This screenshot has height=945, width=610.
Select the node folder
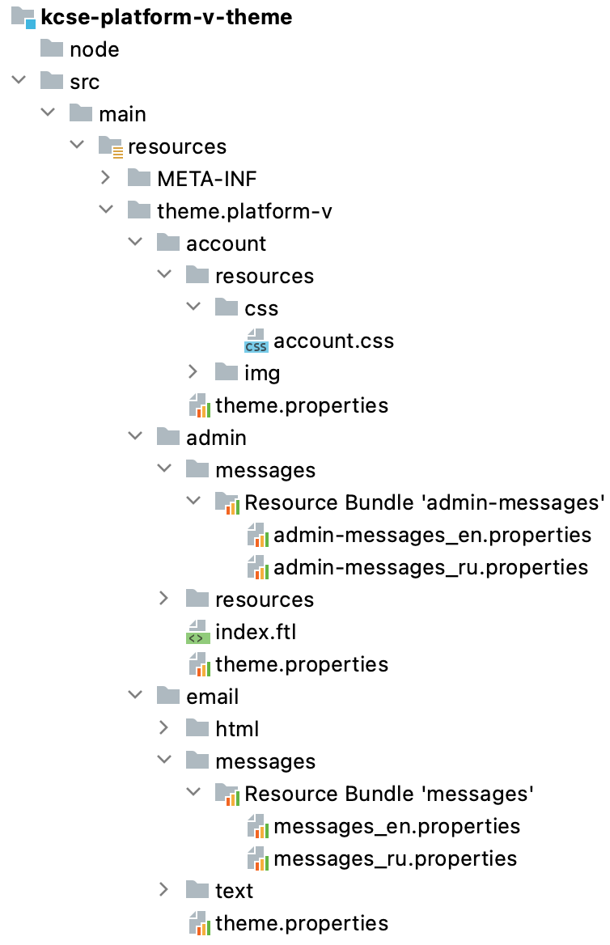[x=94, y=49]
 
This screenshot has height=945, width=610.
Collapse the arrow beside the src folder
[x=18, y=82]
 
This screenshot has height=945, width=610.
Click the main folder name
[x=122, y=114]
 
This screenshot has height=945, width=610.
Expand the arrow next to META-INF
[x=105, y=179]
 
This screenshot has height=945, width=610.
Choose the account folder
[x=226, y=244]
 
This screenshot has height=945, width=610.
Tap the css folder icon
[x=227, y=308]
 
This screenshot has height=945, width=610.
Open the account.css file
[x=333, y=341]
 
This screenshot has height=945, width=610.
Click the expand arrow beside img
[x=193, y=373]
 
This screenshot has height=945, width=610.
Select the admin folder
[x=216, y=438]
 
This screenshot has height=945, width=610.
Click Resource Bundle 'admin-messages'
[x=425, y=502]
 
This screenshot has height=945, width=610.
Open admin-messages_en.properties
[x=432, y=535]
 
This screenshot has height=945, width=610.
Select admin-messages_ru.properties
[x=430, y=567]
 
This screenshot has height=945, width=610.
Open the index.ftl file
[x=250, y=632]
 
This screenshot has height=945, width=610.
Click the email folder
[x=212, y=697]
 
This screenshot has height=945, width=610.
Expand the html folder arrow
[x=163, y=729]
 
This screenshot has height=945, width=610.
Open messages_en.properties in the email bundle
[x=396, y=826]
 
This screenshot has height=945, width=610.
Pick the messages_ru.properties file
[x=395, y=858]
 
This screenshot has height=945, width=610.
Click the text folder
[x=234, y=891]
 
